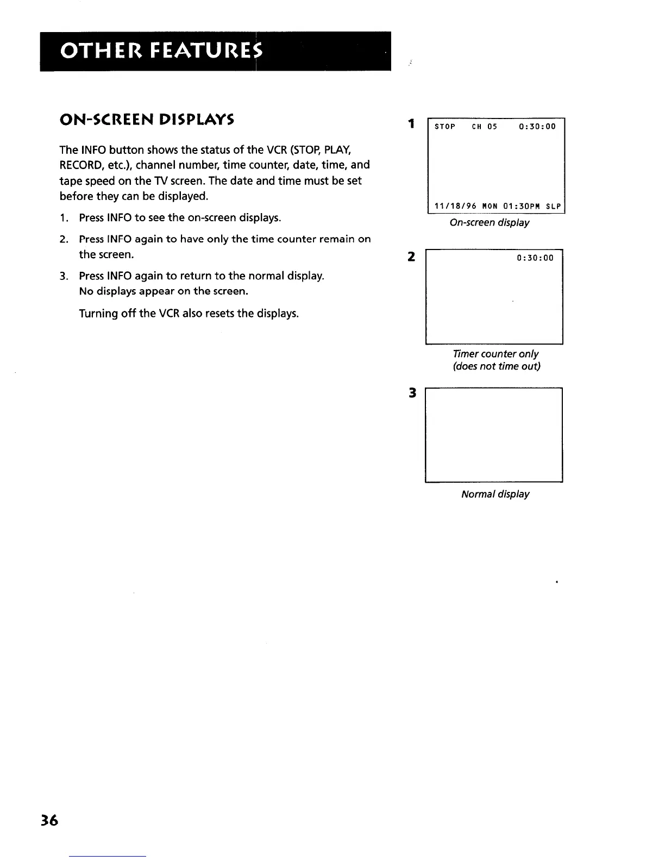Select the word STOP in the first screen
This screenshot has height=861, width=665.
coord(445,127)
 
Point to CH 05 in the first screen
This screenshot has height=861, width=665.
coord(484,127)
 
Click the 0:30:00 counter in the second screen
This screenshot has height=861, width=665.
coord(535,258)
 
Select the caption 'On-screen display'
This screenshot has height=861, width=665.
coord(490,223)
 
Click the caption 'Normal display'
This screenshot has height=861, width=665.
coord(495,494)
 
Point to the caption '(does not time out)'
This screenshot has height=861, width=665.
coord(497,366)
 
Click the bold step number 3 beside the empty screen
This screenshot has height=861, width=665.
coord(412,392)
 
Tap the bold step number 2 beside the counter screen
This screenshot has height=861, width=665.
coord(412,256)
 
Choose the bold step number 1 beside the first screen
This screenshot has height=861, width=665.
coord(412,124)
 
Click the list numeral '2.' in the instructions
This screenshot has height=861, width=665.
coord(64,239)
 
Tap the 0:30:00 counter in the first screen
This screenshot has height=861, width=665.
coord(537,127)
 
